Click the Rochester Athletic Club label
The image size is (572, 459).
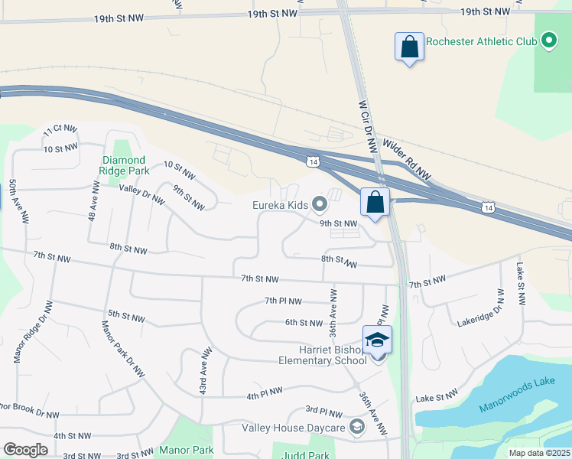[480, 41]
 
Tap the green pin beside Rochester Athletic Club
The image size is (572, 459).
[548, 41]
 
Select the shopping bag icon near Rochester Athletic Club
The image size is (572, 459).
[410, 47]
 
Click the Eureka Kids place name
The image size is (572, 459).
[281, 204]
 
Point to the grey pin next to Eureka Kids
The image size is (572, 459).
[320, 203]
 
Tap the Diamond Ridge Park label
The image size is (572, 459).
[123, 165]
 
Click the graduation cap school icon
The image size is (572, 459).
[377, 340]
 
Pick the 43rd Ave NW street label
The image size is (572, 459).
[205, 372]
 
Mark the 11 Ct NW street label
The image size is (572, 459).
[61, 130]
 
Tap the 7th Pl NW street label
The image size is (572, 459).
[283, 301]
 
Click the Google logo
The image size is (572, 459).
[26, 450]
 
